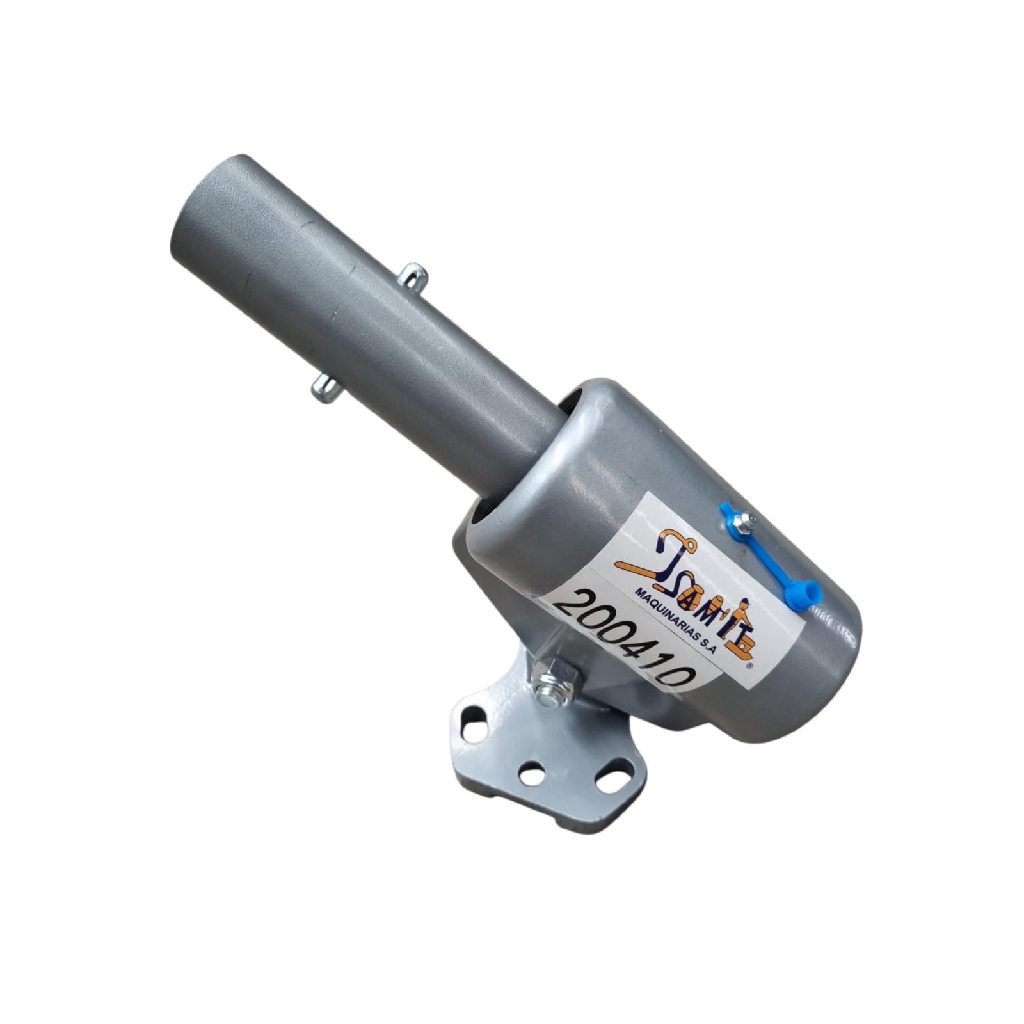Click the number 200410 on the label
pos(623,637)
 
